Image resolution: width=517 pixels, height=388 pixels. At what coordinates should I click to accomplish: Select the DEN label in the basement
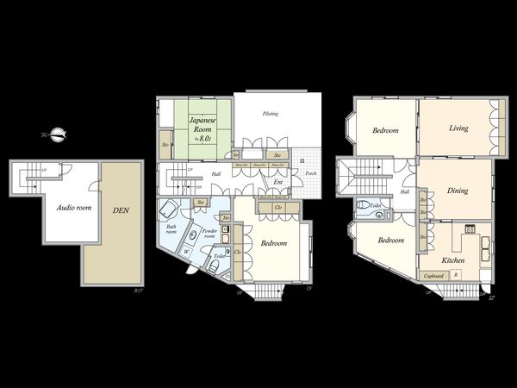pos(120,209)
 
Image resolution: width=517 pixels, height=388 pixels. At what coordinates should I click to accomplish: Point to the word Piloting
pos(271,114)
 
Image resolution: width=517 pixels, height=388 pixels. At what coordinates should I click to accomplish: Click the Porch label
pos(310,173)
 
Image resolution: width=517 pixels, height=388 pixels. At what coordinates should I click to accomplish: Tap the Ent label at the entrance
pos(278,182)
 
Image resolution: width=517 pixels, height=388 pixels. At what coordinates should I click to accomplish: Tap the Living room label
pos(458,128)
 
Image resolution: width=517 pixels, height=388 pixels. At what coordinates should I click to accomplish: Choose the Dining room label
pos(457,191)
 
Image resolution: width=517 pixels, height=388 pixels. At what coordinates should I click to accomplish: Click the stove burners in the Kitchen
pos(470,229)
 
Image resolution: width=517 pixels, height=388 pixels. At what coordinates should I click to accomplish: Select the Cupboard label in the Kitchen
pos(433,275)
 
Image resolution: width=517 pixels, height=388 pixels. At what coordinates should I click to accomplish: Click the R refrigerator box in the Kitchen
pos(456,275)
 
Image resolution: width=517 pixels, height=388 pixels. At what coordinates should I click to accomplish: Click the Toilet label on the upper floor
pos(374,205)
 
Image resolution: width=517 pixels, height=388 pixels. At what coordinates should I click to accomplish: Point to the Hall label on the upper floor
pos(404,191)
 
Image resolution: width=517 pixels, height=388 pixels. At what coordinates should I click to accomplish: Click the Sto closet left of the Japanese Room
pos(165,145)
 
